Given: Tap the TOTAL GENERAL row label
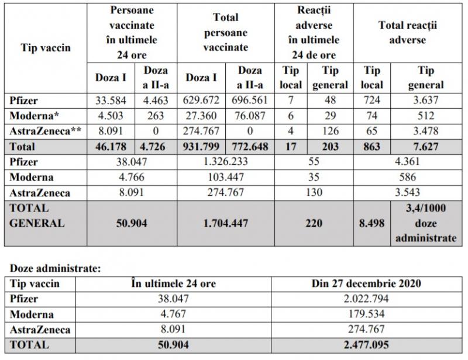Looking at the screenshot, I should (39, 216).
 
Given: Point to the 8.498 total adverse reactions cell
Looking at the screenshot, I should (371, 223).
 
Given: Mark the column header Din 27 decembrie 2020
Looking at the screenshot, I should (367, 283).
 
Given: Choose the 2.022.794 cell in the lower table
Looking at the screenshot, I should (367, 299).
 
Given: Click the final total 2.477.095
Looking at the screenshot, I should (367, 344).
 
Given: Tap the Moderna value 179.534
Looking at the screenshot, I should (367, 314).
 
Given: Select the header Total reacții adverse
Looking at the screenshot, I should (408, 33).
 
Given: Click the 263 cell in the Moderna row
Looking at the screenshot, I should (156, 115).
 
